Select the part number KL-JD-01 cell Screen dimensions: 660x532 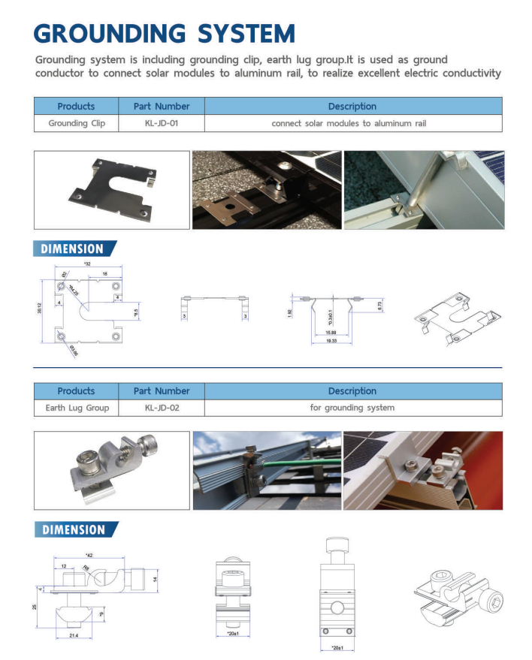tap(161, 123)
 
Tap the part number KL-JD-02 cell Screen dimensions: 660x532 tap(161, 408)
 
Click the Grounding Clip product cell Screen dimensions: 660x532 tap(76, 123)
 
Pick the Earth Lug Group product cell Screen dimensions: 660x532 tap(76, 408)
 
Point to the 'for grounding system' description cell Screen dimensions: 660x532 tap(352, 408)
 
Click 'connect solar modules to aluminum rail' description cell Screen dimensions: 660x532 tap(352, 123)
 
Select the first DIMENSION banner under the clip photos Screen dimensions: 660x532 tap(75, 249)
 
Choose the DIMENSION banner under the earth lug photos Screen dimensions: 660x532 tap(75, 529)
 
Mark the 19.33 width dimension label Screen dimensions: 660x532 tap(331, 341)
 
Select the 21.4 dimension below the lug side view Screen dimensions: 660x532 tap(76, 635)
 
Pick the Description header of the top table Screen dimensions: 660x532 tap(352, 106)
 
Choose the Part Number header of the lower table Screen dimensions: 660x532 tap(161, 391)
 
